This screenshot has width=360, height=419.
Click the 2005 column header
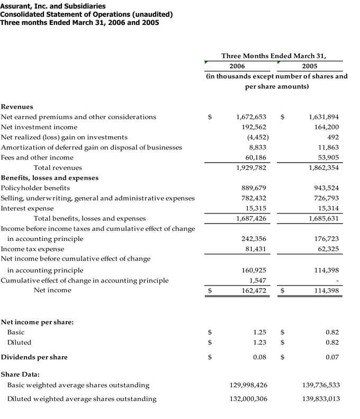click(310, 66)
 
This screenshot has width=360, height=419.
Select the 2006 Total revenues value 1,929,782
click(251, 167)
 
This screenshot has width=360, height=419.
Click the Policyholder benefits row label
click(35, 188)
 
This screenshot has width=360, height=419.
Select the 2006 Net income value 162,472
click(251, 290)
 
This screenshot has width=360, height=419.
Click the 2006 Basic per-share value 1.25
click(259, 332)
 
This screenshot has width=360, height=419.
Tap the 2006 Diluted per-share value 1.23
click(259, 342)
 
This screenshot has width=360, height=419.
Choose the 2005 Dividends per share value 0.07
click(332, 357)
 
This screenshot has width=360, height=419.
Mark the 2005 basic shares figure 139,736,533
click(319, 385)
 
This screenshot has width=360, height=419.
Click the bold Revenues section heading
click(17, 106)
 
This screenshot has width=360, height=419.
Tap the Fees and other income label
click(37, 157)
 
